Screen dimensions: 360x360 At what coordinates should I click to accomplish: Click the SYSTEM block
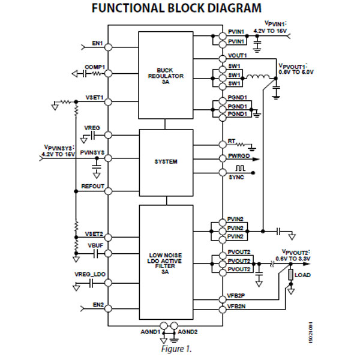point(166,161)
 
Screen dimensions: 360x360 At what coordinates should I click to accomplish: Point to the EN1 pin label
point(98,43)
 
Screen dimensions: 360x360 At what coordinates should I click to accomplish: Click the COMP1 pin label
point(95,67)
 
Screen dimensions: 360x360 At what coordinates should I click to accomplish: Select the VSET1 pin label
point(95,97)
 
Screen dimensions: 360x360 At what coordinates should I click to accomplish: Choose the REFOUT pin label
point(93,187)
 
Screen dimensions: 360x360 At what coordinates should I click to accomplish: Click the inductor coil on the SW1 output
point(257,76)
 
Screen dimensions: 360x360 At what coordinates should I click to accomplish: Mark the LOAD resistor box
point(290,275)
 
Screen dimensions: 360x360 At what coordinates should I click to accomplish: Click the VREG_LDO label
point(90,274)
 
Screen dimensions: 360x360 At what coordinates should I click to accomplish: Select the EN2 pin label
point(98,305)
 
